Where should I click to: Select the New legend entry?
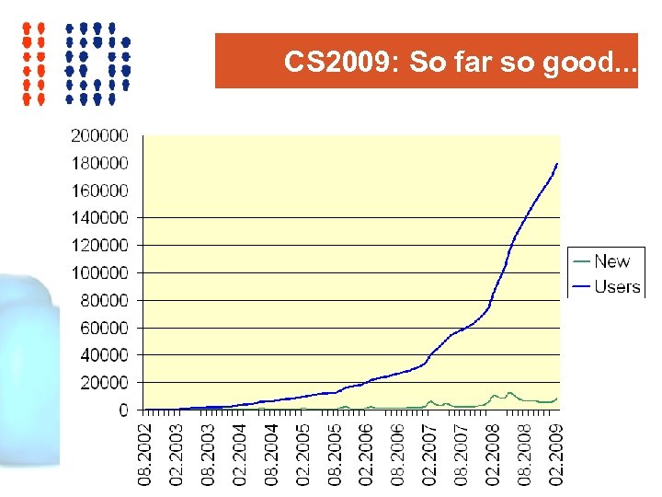[611, 261]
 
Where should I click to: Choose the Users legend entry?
[616, 286]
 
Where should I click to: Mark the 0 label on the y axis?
[124, 410]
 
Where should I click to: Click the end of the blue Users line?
[557, 164]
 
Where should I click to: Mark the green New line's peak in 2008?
[509, 393]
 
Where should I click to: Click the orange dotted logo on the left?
[35, 62]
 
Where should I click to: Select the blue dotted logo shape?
[97, 62]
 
